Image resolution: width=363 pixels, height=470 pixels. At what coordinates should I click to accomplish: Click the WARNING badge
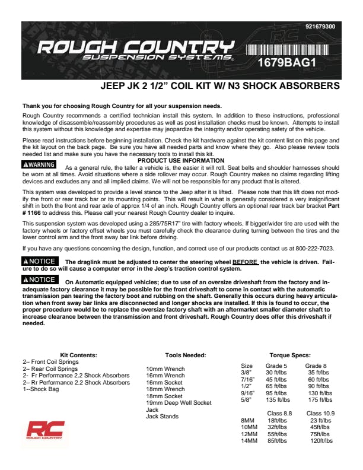[39, 164]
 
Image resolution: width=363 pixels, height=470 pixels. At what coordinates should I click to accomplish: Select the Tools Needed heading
[186, 355]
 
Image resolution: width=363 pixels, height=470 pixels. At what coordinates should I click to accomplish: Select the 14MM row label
[249, 441]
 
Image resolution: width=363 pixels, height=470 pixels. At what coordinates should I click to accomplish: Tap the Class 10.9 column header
[320, 413]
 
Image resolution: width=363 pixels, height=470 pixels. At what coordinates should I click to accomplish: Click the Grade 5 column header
[276, 366]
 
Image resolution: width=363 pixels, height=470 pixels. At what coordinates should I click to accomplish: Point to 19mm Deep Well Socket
[179, 403]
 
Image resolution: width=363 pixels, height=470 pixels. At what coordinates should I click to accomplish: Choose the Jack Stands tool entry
[161, 417]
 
